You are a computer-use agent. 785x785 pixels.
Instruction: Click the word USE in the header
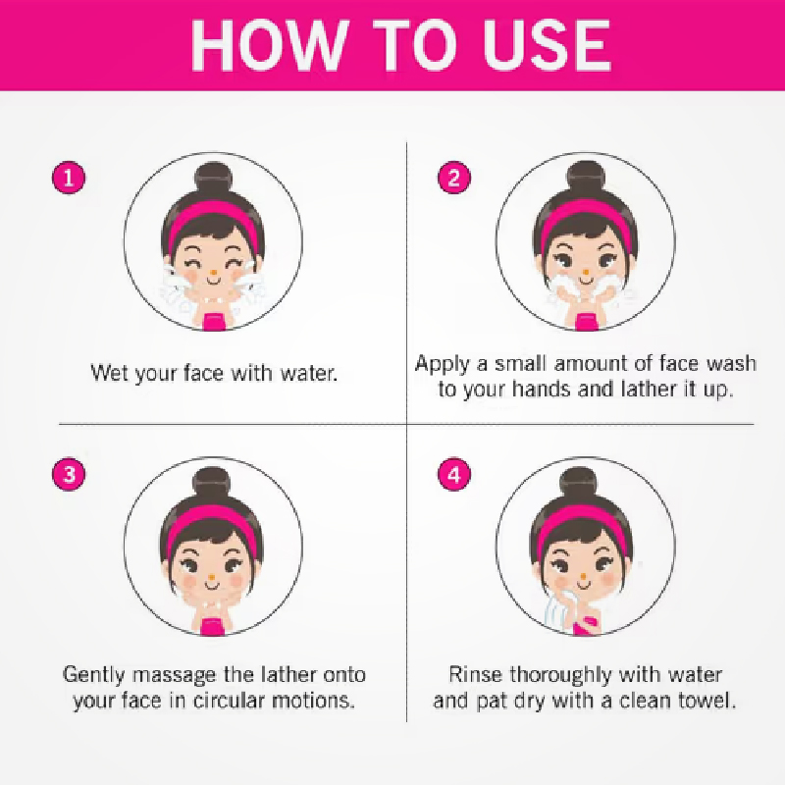547,45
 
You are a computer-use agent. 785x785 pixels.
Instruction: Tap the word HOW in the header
269,45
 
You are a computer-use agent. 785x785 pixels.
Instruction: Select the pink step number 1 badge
69,178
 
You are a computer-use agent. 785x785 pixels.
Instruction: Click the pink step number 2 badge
454,178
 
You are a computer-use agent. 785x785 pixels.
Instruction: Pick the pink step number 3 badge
69,474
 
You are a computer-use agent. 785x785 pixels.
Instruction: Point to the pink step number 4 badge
454,474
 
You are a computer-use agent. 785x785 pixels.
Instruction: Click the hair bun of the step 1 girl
214,178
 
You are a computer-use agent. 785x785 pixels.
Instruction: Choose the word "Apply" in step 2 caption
442,364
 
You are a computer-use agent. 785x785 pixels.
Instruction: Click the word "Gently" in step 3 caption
93,675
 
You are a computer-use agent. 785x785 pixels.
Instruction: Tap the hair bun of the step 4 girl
579,482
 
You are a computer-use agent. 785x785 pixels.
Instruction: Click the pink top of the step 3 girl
213,626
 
